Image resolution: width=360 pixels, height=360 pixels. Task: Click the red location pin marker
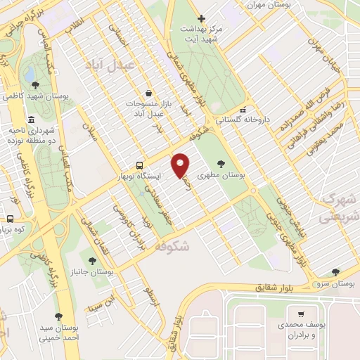181,165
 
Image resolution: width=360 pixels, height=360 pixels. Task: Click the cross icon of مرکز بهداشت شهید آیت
201,18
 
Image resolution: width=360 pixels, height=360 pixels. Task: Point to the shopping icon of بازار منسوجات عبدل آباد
148,93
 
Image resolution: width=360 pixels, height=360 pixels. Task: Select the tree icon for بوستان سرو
335,271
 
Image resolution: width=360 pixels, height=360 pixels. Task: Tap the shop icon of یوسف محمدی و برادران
300,314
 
